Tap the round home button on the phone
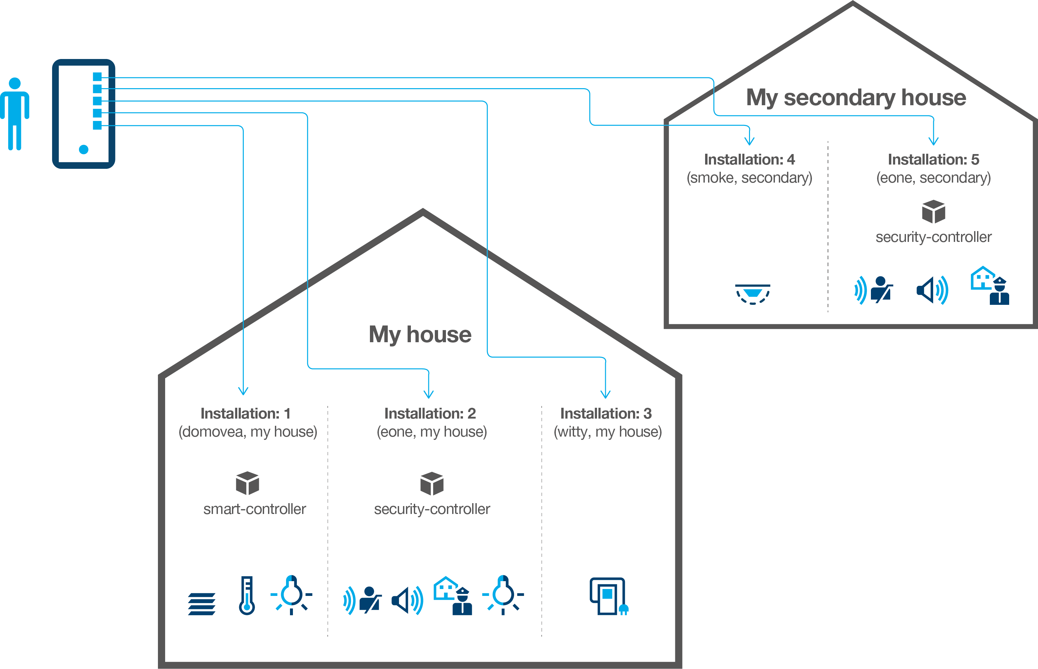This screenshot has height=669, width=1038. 84,149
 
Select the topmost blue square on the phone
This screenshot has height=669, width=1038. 97,77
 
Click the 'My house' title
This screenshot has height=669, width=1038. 420,334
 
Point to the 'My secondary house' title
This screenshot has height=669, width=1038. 856,97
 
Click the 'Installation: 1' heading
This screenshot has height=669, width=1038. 245,414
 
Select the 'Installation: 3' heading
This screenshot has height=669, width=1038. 606,414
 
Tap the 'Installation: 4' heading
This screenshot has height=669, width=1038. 749,159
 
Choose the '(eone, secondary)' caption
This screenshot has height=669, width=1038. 933,178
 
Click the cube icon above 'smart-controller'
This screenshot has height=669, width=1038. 247,483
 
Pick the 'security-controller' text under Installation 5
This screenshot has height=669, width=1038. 933,237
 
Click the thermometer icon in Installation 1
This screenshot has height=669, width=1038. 247,595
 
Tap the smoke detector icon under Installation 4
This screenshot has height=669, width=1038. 753,294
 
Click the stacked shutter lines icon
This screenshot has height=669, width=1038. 202,604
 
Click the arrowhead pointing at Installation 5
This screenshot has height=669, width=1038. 933,141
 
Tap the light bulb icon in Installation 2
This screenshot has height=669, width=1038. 503,594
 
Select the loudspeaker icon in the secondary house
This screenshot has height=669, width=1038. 932,290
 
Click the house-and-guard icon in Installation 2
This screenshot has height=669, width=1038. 453,595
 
